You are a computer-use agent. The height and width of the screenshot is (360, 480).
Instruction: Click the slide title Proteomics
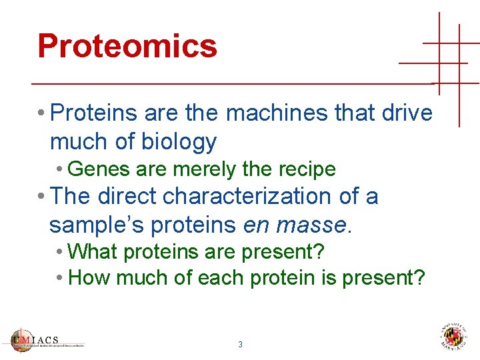(x=127, y=46)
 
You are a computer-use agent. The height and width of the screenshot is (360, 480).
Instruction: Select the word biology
(x=179, y=142)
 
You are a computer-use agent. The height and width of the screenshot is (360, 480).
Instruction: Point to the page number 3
(x=240, y=345)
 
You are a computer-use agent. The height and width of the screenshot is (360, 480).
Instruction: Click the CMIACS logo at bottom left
(x=47, y=339)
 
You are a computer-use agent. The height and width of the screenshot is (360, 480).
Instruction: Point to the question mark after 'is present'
(x=419, y=277)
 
